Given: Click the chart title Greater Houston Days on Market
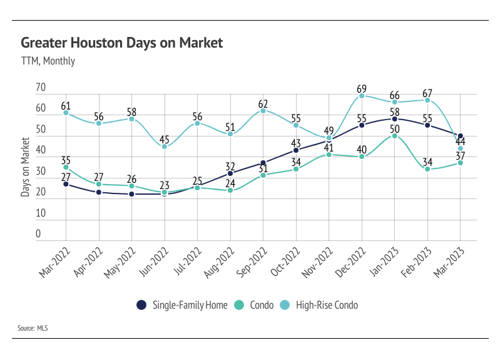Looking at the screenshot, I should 121,43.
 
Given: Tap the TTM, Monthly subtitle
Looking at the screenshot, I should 48,61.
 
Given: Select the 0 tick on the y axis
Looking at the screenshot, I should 38,234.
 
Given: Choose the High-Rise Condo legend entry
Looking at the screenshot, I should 322,305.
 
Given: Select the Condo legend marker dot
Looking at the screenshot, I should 238,305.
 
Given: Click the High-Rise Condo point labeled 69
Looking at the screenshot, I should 362,96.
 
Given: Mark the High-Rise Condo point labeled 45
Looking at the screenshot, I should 165,146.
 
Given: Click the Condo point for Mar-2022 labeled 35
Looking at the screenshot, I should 66,167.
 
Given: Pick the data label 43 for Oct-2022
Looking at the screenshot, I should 296,143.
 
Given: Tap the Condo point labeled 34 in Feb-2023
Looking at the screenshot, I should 428,169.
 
